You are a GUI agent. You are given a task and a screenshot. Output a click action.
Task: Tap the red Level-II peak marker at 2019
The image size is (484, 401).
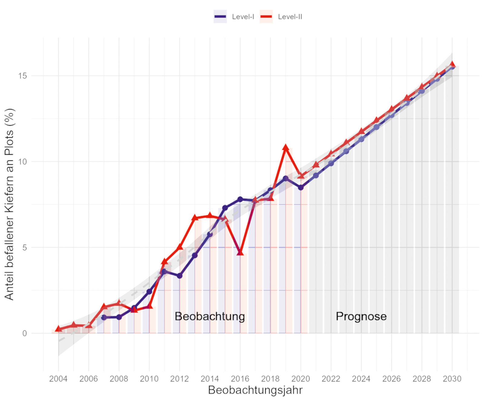(x=286, y=148)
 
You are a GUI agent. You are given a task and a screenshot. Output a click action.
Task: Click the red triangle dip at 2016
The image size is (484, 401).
(x=240, y=252)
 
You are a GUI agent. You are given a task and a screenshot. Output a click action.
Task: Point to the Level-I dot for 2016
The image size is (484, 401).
(x=240, y=199)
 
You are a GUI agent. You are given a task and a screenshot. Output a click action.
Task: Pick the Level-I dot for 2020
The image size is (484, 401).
(x=301, y=188)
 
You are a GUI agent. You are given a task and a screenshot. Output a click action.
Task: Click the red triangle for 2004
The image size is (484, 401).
(x=58, y=329)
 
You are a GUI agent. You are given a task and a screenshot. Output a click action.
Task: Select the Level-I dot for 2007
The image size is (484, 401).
(x=104, y=317)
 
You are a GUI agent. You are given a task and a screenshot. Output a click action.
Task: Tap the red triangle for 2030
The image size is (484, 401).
(x=452, y=64)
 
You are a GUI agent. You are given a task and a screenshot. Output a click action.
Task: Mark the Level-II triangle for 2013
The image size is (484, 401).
(x=195, y=218)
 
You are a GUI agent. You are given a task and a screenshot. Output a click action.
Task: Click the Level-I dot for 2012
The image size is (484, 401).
(x=180, y=276)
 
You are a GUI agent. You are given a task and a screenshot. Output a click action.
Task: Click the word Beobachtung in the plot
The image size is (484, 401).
(x=210, y=316)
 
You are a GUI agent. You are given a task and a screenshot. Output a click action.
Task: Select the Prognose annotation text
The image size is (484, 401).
(x=361, y=316)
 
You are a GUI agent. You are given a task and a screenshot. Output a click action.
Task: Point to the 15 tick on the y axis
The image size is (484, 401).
(x=23, y=76)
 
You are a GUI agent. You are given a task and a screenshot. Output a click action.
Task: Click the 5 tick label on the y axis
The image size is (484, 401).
(x=25, y=248)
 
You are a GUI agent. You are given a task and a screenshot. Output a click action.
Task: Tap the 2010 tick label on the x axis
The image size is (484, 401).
(x=149, y=379)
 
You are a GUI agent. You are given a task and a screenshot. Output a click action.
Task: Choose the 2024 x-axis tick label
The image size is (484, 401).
(x=361, y=379)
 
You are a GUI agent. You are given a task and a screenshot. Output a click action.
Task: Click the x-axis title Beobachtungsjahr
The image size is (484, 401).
(x=255, y=390)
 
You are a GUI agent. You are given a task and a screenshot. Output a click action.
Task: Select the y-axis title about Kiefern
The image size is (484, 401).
(x=10, y=204)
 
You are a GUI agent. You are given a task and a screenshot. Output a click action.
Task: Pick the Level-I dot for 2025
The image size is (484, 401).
(x=376, y=127)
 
